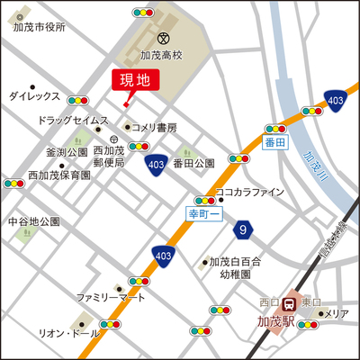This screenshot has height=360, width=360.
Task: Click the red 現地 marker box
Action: coord(135,79)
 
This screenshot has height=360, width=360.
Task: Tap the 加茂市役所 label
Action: coord(39,28)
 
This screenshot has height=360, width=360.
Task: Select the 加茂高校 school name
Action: coord(161,56)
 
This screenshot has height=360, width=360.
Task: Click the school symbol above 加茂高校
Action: coord(162,39)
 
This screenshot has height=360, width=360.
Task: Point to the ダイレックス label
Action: coord(34,95)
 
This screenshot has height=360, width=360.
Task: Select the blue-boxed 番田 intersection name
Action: coord(274,143)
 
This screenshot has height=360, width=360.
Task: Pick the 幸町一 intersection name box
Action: coord(203,214)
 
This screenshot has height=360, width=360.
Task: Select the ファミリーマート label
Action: coord(111,297)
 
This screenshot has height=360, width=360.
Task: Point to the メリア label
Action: coord(337,313)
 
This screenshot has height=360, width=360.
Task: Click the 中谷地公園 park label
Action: coord(33,220)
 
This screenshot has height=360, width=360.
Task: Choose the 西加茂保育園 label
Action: coord(58,175)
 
